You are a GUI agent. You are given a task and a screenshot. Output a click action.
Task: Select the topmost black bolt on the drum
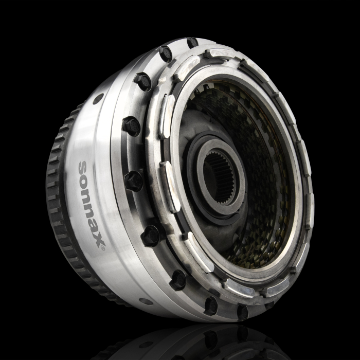[192, 43]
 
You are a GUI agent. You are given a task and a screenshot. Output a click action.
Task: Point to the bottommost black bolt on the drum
[241, 312]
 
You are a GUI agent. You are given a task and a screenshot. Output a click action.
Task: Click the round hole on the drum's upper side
[97, 99]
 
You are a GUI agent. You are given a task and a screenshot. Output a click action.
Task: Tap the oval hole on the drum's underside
[146, 301]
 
